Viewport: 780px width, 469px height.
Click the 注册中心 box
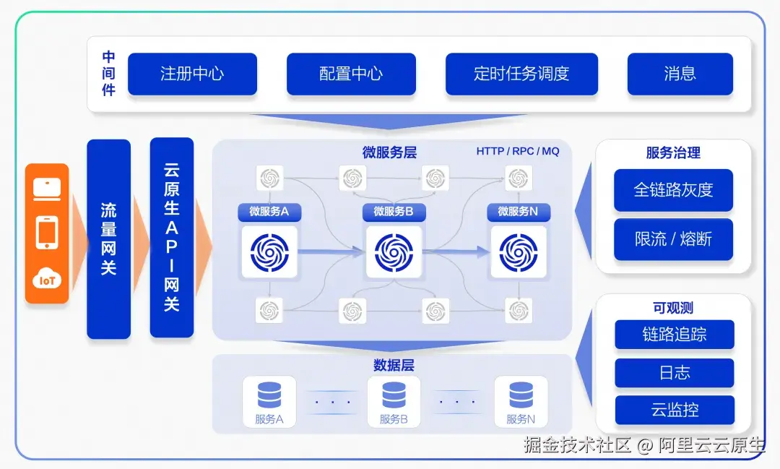192,74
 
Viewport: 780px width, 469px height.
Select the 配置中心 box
351,74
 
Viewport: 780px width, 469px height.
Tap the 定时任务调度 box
521,74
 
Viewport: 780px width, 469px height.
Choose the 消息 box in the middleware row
680,74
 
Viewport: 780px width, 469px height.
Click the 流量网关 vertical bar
108,239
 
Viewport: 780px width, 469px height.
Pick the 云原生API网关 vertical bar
172,238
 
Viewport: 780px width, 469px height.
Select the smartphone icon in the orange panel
47,233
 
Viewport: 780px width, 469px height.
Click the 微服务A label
269,212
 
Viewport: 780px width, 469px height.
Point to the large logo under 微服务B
394,252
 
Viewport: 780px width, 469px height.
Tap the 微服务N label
518,212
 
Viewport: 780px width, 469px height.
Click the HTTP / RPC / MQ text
518,151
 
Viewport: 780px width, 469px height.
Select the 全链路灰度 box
673,190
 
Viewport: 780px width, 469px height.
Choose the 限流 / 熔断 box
673,239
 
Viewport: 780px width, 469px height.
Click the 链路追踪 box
675,335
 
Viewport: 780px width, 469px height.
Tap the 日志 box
675,373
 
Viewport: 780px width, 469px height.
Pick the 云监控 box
675,410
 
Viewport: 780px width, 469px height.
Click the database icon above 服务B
394,395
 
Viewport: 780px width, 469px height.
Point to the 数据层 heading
394,365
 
